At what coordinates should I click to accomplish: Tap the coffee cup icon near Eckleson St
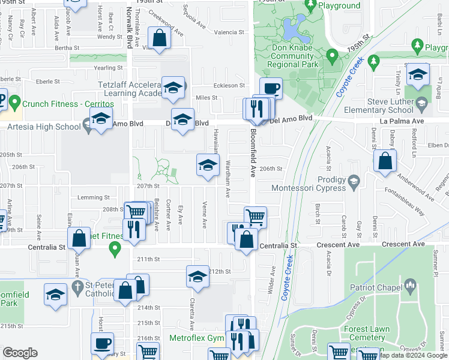(271, 88)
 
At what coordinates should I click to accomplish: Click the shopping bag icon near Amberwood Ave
(385, 161)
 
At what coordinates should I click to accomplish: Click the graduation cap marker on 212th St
(197, 276)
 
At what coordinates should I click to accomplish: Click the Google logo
(20, 353)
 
